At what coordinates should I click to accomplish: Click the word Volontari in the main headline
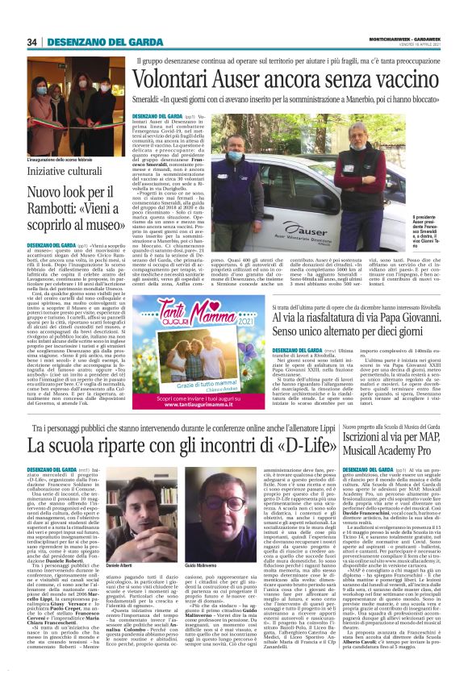pos(181,79)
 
